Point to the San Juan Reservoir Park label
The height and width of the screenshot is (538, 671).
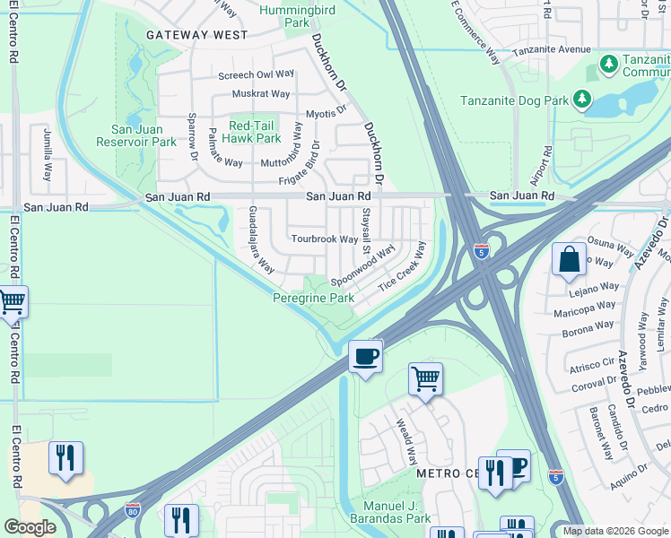138,134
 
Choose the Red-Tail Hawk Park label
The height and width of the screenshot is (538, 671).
255,132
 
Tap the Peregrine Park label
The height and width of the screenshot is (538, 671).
314,298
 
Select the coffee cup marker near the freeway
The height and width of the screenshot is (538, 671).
365,356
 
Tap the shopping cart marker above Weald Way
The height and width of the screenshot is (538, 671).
425,378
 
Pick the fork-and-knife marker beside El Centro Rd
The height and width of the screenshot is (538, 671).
65,457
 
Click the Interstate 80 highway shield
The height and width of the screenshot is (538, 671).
133,509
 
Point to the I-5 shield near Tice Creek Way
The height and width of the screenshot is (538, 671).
482,252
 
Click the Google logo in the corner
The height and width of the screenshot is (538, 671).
30,526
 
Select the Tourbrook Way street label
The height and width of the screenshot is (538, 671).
325,239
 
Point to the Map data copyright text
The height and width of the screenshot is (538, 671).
614,531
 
